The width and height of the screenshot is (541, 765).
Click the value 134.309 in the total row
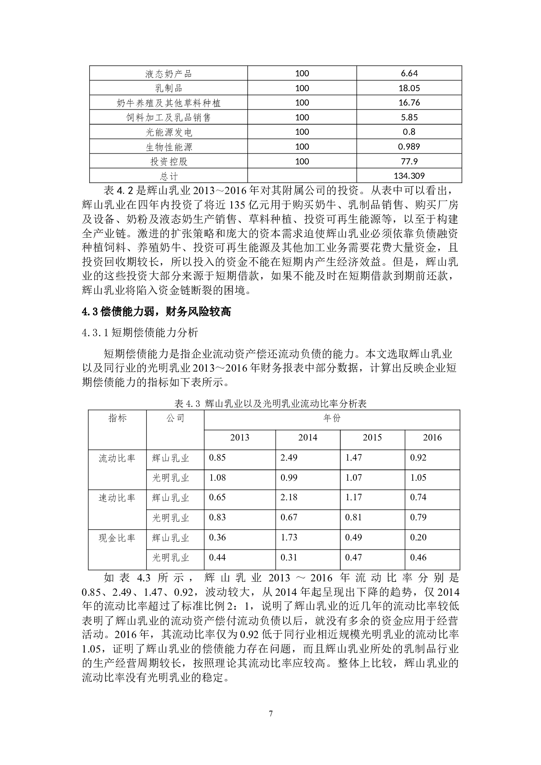409,176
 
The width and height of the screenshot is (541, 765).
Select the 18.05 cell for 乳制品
409,88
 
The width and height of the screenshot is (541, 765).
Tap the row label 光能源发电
168,132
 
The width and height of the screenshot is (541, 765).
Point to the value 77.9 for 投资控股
409,161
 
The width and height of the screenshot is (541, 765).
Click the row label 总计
168,176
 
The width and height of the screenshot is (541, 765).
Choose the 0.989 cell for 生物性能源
409,147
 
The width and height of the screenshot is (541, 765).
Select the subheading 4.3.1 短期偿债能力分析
140,333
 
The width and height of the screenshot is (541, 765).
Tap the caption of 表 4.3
270,403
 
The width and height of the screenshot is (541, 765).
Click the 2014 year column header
308,437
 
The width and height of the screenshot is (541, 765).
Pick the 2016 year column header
432,437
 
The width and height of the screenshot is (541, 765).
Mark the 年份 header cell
332,418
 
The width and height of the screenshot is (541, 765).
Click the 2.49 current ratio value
289,458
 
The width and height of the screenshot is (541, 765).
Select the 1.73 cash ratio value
289,537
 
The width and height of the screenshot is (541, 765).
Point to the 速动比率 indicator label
117,498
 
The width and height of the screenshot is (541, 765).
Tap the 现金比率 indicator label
117,538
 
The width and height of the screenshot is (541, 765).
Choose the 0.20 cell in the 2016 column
418,537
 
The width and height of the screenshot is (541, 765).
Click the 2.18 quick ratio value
289,497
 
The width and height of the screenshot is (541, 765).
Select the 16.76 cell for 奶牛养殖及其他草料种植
409,102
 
